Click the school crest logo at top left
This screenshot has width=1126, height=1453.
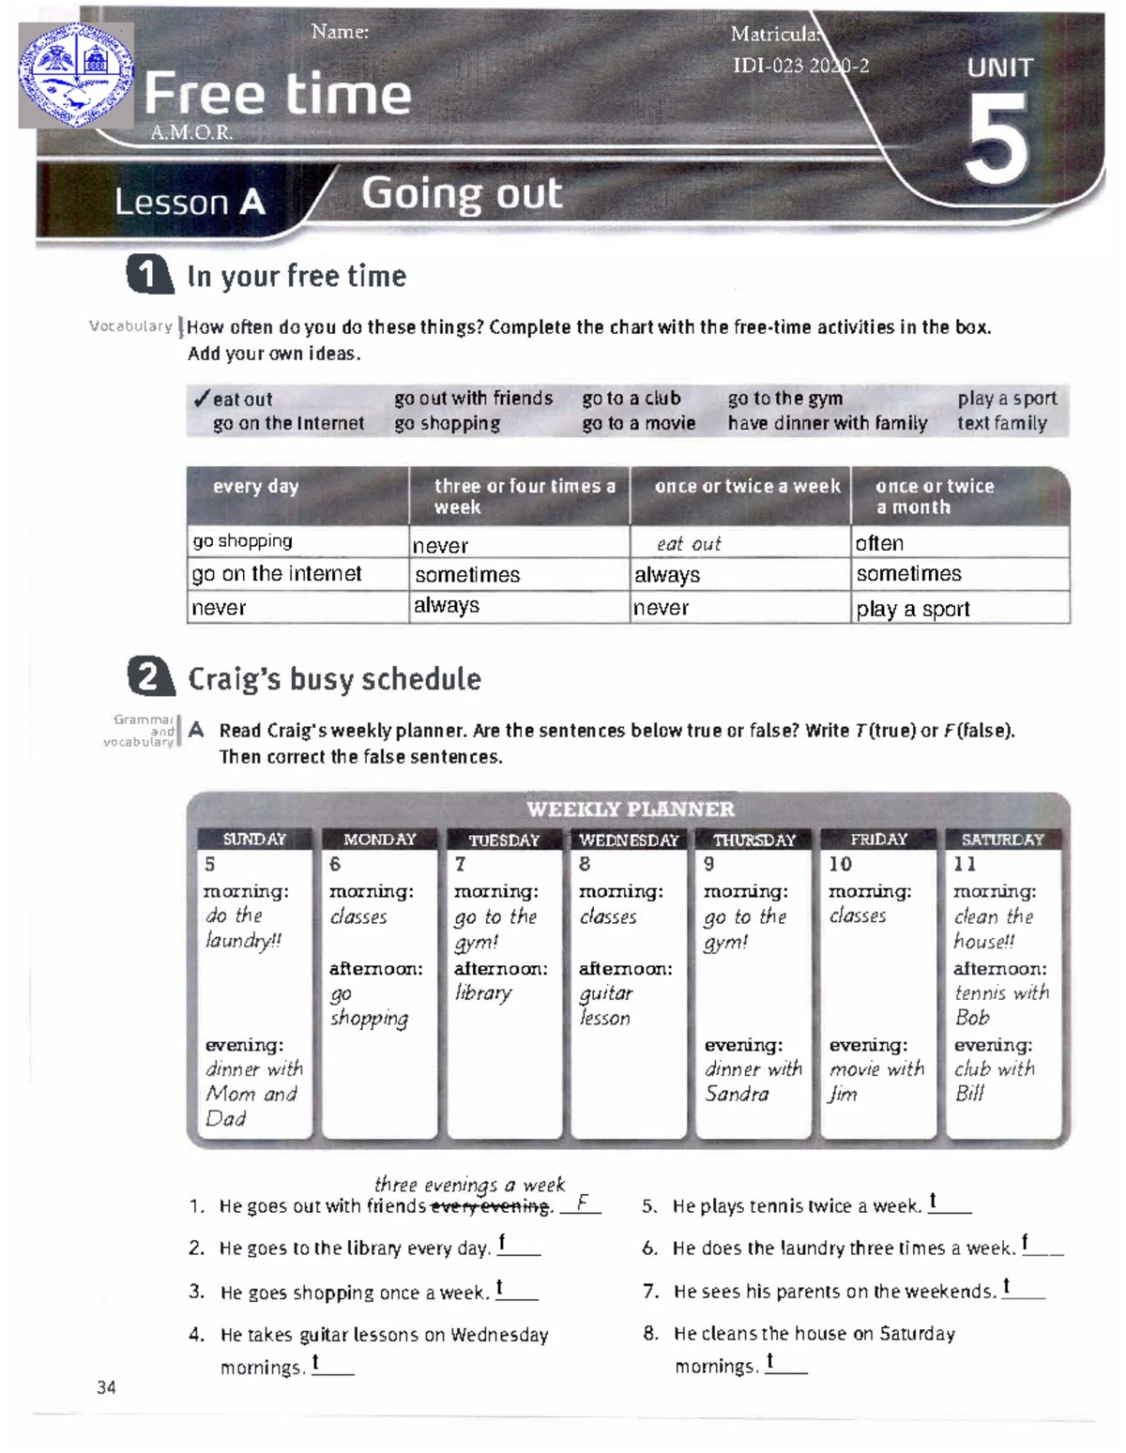tap(76, 75)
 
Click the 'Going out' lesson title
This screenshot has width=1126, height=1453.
tap(462, 194)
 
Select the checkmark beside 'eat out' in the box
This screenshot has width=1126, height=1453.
tap(201, 399)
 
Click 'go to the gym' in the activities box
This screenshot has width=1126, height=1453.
tap(784, 399)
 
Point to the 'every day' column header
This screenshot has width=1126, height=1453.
tap(255, 487)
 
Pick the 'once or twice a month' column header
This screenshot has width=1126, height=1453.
tap(934, 496)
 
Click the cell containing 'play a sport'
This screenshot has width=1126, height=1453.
tap(912, 609)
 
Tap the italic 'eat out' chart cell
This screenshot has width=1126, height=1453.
tap(689, 544)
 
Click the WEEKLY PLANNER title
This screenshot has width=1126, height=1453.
tap(630, 809)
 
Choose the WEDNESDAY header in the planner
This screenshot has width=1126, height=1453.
tap(629, 840)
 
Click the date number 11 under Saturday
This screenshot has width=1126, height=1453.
tap(965, 864)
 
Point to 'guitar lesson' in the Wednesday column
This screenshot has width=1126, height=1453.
tap(606, 1005)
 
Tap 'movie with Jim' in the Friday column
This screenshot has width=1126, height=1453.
tap(875, 1081)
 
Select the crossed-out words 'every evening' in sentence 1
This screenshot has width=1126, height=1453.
tap(490, 1206)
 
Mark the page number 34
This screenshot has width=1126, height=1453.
tap(106, 1387)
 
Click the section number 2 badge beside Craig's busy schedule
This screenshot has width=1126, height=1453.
tap(150, 678)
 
